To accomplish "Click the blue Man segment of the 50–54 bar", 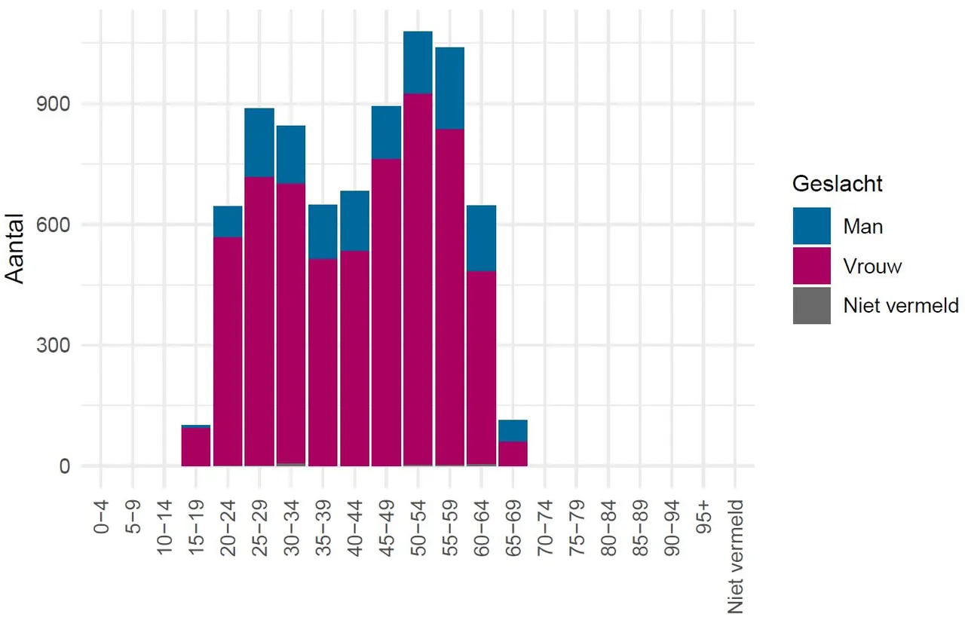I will (418, 63).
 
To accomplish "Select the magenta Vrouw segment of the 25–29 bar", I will (259, 321).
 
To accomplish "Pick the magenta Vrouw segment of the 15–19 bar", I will (196, 447).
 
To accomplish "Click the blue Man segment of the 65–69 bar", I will (513, 431).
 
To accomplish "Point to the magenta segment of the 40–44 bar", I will (354, 358).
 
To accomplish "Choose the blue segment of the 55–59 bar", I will (449, 88).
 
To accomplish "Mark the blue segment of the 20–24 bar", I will (228, 221).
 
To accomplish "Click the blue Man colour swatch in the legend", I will (811, 226).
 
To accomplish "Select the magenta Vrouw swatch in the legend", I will (811, 266).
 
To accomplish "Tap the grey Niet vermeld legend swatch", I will (811, 305).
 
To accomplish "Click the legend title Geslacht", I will (838, 184).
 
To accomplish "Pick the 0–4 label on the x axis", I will (101, 516).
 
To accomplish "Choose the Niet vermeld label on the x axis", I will (735, 555).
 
